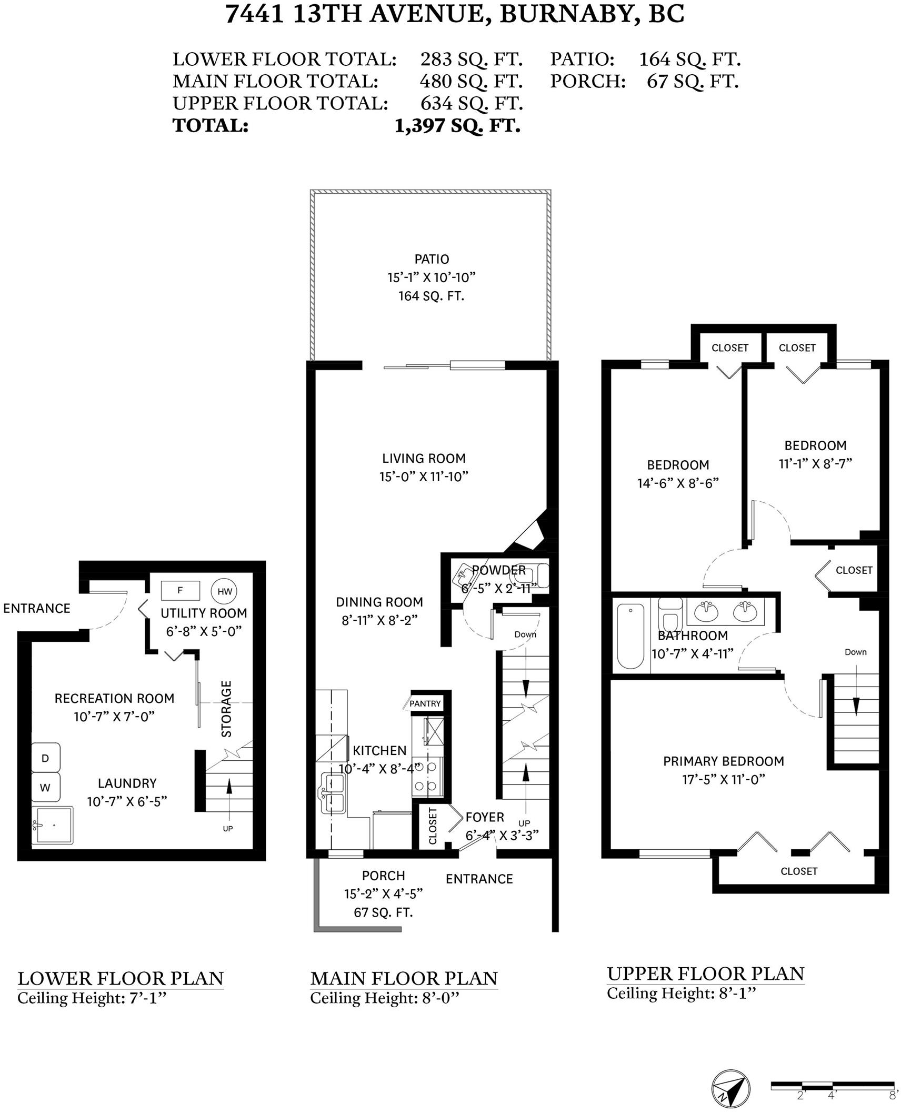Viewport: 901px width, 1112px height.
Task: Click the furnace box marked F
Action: [180, 590]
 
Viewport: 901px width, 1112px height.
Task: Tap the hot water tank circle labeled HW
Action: [225, 591]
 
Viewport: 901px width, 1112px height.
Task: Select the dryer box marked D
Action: [45, 758]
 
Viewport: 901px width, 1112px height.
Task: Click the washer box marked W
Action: [45, 787]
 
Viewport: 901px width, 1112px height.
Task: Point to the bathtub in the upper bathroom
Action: [630, 636]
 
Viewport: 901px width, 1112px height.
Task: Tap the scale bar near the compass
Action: [832, 1085]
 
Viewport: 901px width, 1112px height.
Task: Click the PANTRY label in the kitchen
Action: [425, 703]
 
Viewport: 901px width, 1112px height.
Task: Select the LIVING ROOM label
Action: [424, 458]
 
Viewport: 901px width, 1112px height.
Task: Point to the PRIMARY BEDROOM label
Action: [723, 761]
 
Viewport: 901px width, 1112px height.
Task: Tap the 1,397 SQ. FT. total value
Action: [457, 126]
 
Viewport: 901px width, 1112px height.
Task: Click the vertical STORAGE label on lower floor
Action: [226, 709]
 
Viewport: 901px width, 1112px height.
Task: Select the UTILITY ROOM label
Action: [204, 613]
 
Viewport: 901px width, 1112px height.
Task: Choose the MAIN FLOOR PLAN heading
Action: [404, 978]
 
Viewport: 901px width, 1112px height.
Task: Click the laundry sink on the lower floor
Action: [52, 825]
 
